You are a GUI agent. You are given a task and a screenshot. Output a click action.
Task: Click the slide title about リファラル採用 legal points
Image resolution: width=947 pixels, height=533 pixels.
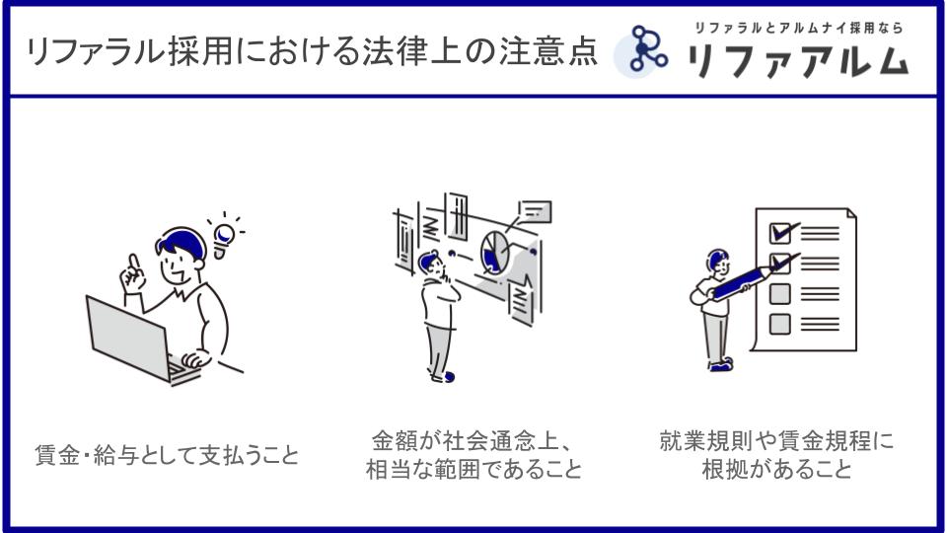312,51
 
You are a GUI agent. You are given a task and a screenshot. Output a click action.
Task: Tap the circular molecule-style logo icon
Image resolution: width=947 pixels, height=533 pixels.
641,51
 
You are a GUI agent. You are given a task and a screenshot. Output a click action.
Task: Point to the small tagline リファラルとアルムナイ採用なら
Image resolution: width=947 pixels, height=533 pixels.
798,28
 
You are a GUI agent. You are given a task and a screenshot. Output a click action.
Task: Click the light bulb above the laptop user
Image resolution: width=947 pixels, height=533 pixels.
224,238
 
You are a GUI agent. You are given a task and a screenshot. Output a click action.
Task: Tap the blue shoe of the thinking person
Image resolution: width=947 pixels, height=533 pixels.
448,377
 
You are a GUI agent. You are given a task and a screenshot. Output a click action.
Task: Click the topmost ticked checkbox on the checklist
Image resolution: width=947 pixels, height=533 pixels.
780,232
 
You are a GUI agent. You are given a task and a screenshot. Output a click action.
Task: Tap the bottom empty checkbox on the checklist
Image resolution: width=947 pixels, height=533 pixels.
779,324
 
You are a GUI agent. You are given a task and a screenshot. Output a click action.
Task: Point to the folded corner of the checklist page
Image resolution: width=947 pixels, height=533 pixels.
851,214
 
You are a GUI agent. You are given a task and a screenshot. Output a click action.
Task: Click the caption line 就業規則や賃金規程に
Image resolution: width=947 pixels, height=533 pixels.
776,441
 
